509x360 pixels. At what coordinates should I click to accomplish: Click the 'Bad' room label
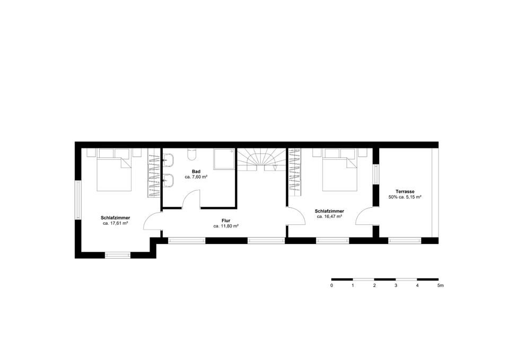pyautogui.click(x=196, y=171)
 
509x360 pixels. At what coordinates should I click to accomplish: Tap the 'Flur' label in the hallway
pyautogui.click(x=226, y=220)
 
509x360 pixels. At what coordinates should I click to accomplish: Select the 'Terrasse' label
pyautogui.click(x=405, y=191)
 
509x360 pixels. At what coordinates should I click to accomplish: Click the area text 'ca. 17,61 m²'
pyautogui.click(x=116, y=223)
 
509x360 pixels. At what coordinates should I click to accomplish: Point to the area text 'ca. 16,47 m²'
pyautogui.click(x=329, y=216)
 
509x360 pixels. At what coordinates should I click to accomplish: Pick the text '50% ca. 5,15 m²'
pyautogui.click(x=405, y=197)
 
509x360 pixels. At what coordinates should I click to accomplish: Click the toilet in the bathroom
pyautogui.click(x=192, y=154)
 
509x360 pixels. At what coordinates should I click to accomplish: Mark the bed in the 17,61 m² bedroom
pyautogui.click(x=113, y=173)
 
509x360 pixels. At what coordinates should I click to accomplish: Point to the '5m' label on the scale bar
pyautogui.click(x=440, y=285)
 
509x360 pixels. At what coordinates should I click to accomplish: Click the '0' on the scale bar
pyautogui.click(x=331, y=285)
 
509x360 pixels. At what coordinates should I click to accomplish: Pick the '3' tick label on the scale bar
pyautogui.click(x=396, y=285)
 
